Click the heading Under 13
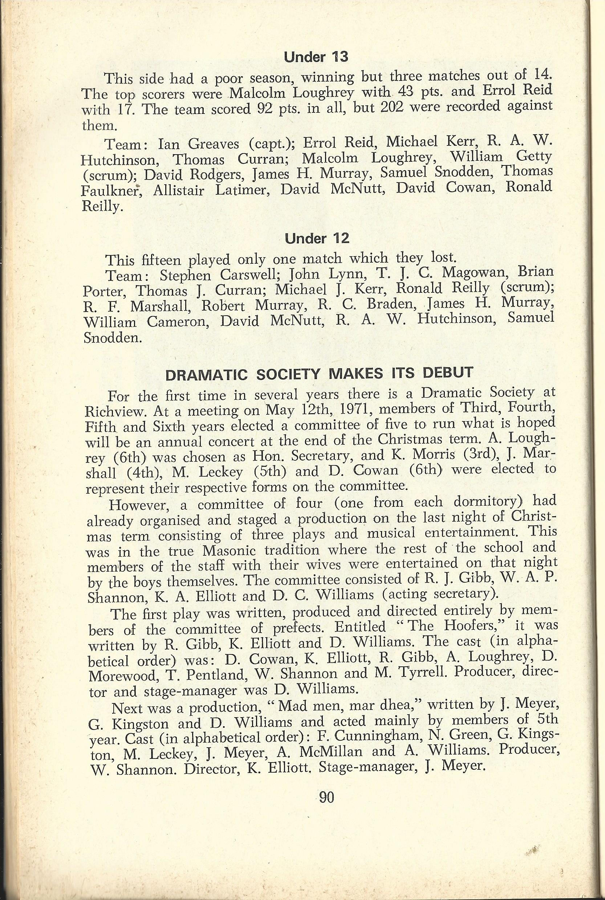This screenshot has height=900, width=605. (316, 57)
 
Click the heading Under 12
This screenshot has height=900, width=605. (317, 239)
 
